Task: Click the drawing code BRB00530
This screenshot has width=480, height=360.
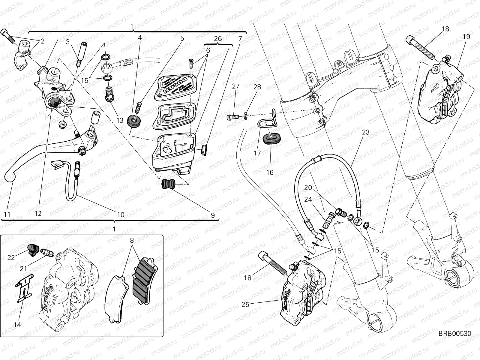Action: (x=455, y=334)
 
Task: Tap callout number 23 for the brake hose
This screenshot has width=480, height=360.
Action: (x=365, y=132)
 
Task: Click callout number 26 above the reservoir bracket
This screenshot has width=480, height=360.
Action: (x=218, y=38)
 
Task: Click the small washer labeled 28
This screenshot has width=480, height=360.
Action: (x=245, y=115)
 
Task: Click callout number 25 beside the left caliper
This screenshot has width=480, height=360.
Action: (x=245, y=304)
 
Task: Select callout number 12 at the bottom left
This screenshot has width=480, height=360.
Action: (x=38, y=214)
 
